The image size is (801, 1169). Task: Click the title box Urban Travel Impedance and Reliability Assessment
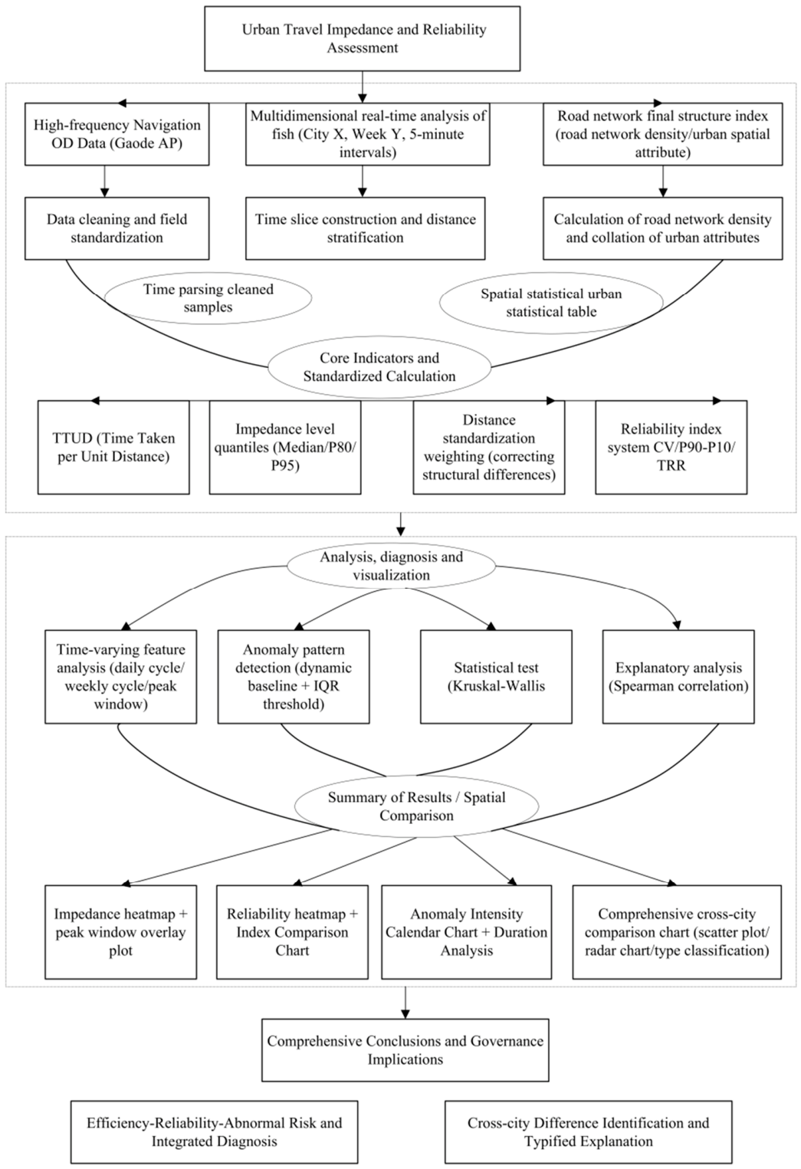[362, 38]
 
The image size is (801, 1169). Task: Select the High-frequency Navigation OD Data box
[117, 134]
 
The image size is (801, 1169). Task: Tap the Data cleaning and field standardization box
[117, 228]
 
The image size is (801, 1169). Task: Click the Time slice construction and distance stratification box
[366, 228]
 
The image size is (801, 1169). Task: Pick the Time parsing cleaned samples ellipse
[208, 298]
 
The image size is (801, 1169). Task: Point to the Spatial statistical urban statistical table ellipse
[551, 303]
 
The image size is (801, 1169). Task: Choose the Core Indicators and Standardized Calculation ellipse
[379, 367]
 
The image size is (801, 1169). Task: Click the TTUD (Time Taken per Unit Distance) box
[113, 447]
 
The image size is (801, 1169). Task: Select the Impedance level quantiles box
[285, 447]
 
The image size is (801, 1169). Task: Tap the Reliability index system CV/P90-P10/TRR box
[671, 447]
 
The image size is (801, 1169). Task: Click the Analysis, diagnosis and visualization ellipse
[392, 566]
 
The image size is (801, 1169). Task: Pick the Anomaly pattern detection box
[294, 677]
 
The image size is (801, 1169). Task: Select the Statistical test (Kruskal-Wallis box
[496, 677]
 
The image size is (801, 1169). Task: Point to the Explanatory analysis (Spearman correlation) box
[678, 677]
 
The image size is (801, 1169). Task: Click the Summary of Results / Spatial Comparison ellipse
[416, 806]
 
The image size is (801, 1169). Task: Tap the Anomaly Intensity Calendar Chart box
[467, 932]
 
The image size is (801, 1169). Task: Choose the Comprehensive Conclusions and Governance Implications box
[405, 1050]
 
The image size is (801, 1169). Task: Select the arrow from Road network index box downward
[663, 182]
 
